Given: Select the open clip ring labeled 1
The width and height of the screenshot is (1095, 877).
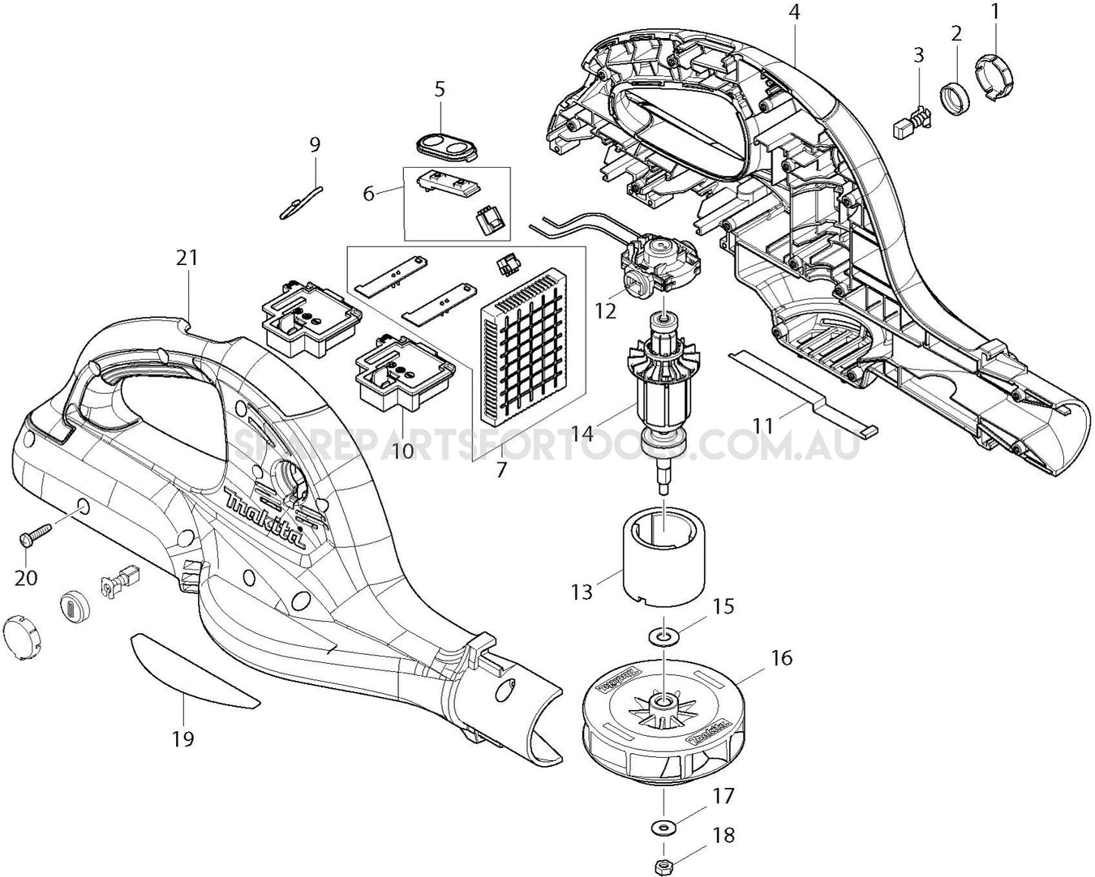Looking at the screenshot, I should [x=994, y=79].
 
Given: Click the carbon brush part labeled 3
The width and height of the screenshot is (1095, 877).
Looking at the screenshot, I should [x=911, y=123].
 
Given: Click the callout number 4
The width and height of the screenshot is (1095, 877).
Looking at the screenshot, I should [x=793, y=13].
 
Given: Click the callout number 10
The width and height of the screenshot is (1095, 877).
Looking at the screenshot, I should [x=403, y=449].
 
